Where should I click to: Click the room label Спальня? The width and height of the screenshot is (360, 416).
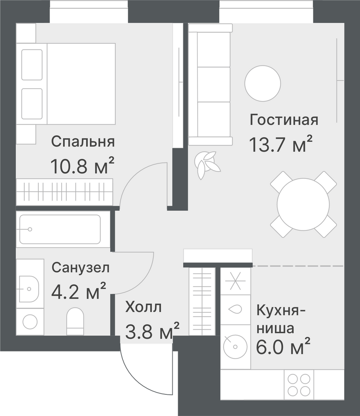pos(83,142)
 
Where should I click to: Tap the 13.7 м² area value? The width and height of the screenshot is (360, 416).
pos(281,144)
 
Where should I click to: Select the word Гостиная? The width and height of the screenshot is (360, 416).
pos(284,120)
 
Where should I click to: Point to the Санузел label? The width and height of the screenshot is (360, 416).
pos(80,267)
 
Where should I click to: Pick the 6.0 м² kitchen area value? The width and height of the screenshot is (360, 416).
pos(283,346)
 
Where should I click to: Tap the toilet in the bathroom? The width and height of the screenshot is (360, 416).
pos(75,321)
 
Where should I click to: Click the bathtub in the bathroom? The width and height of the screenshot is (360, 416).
pos(60,229)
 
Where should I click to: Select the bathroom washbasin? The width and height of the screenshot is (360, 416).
pos(29,289)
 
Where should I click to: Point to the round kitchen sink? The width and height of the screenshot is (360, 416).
pos(235,347)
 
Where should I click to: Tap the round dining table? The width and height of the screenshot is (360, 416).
pos(303,204)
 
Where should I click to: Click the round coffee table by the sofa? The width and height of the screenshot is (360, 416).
pos(263,83)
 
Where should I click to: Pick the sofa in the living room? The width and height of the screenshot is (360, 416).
pos(210,84)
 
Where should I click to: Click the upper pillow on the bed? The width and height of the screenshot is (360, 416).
pos(32,65)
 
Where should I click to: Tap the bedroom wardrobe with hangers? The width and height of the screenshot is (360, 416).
pos(65,191)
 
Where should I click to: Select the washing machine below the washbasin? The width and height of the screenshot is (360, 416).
pos(30,322)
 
